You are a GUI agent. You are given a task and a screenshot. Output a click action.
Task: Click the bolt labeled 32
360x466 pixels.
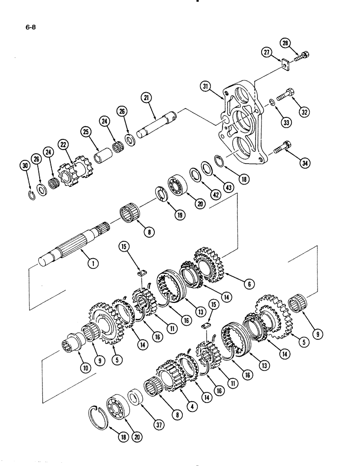286,96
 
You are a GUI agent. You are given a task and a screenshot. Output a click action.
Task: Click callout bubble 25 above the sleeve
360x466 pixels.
86,132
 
